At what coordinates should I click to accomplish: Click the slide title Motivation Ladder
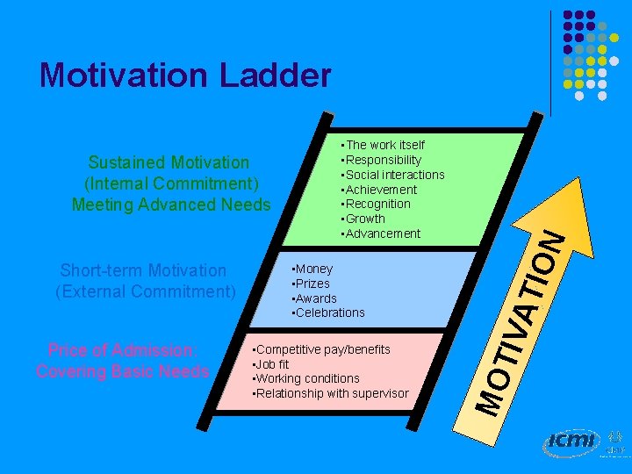click(185, 75)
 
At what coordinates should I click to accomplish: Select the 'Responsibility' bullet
click(383, 160)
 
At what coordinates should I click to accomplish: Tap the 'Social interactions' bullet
click(394, 175)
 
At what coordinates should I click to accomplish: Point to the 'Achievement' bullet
click(381, 190)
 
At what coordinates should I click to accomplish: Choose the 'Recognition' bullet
click(377, 204)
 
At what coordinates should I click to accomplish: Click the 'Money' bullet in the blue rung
click(313, 269)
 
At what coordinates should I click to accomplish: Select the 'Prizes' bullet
click(312, 284)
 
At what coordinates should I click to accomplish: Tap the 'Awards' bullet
click(315, 298)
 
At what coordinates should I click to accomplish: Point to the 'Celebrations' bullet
click(328, 312)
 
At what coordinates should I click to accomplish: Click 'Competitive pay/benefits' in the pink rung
click(322, 349)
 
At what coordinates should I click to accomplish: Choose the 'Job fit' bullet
click(271, 364)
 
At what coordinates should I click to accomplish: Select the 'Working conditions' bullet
click(307, 378)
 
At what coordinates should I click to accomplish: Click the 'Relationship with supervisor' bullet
click(332, 393)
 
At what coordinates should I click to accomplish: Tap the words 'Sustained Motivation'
click(169, 162)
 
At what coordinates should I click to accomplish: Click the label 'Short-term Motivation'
click(143, 270)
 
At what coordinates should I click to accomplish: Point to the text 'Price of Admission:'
click(122, 350)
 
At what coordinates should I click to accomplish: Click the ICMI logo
click(570, 442)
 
